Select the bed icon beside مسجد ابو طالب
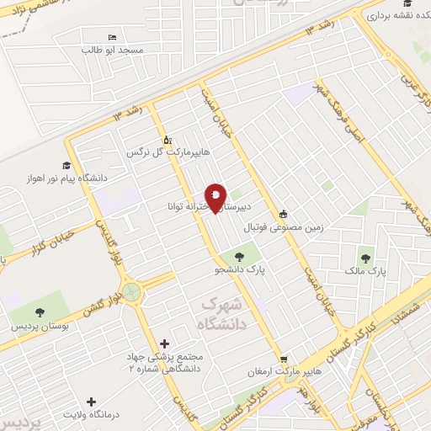(x=112, y=37)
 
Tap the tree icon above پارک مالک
(x=364, y=258)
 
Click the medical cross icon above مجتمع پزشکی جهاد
(x=164, y=344)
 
